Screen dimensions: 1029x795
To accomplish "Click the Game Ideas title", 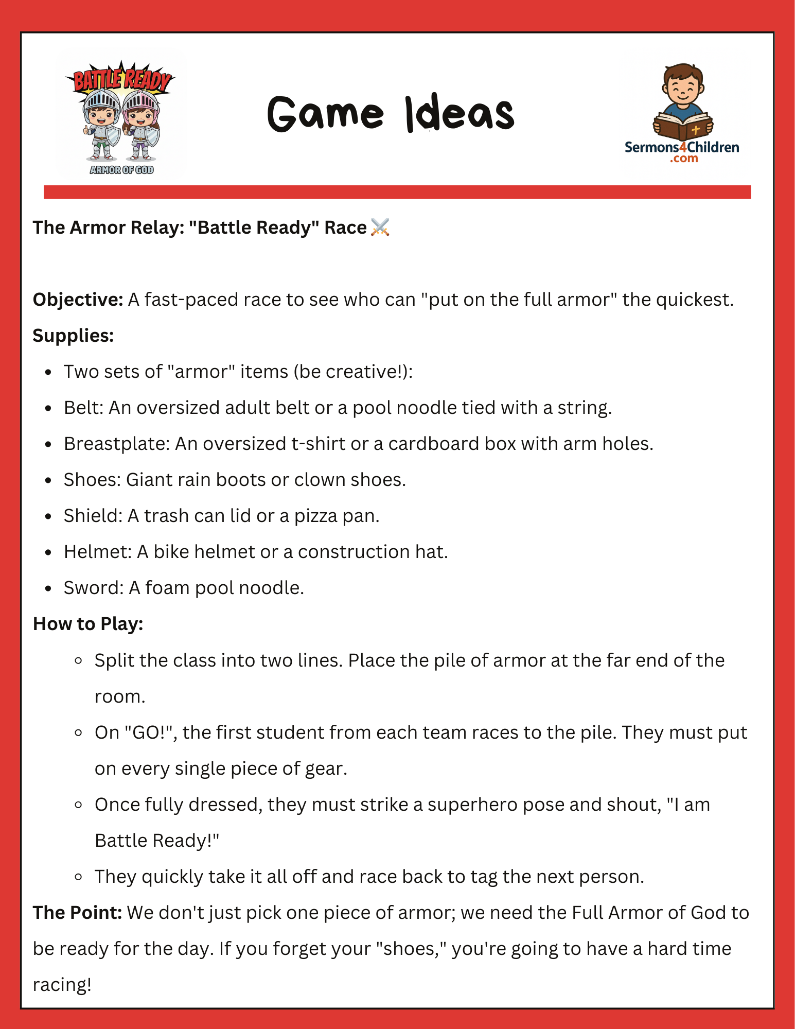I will coord(391,113).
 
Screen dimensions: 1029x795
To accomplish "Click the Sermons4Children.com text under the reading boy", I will coord(682,151).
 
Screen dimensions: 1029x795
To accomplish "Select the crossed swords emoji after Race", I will coord(380,227).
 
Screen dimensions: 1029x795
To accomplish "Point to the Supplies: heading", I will coord(73,336).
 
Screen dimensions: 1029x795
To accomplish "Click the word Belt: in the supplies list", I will coord(83,408).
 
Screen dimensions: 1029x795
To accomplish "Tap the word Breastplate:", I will coord(116,444).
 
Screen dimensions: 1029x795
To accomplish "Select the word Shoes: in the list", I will coord(92,480).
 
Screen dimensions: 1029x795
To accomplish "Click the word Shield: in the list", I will coord(93,516).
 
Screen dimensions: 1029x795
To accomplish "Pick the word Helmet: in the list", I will coord(98,552).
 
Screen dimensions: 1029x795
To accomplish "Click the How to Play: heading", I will coord(88,624).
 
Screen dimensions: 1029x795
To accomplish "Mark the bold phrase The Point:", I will coord(77,913).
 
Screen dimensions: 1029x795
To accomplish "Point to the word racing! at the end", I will coord(62,985).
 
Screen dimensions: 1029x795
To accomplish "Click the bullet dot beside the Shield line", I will coord(48,516).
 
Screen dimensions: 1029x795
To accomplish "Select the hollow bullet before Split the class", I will coord(79,660).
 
